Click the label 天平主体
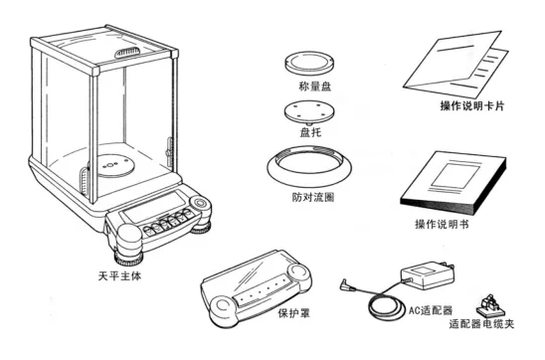(x=119, y=276)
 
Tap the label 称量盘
(x=315, y=87)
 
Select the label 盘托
(x=310, y=132)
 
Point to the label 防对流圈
(x=313, y=197)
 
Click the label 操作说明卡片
(x=472, y=105)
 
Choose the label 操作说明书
(x=442, y=224)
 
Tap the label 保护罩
(x=294, y=313)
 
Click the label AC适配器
(x=431, y=310)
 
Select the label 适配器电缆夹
(x=481, y=324)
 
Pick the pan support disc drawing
(x=309, y=112)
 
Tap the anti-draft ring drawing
(x=309, y=178)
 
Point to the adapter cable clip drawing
(x=488, y=304)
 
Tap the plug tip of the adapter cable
(x=343, y=283)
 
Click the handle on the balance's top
(x=128, y=53)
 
